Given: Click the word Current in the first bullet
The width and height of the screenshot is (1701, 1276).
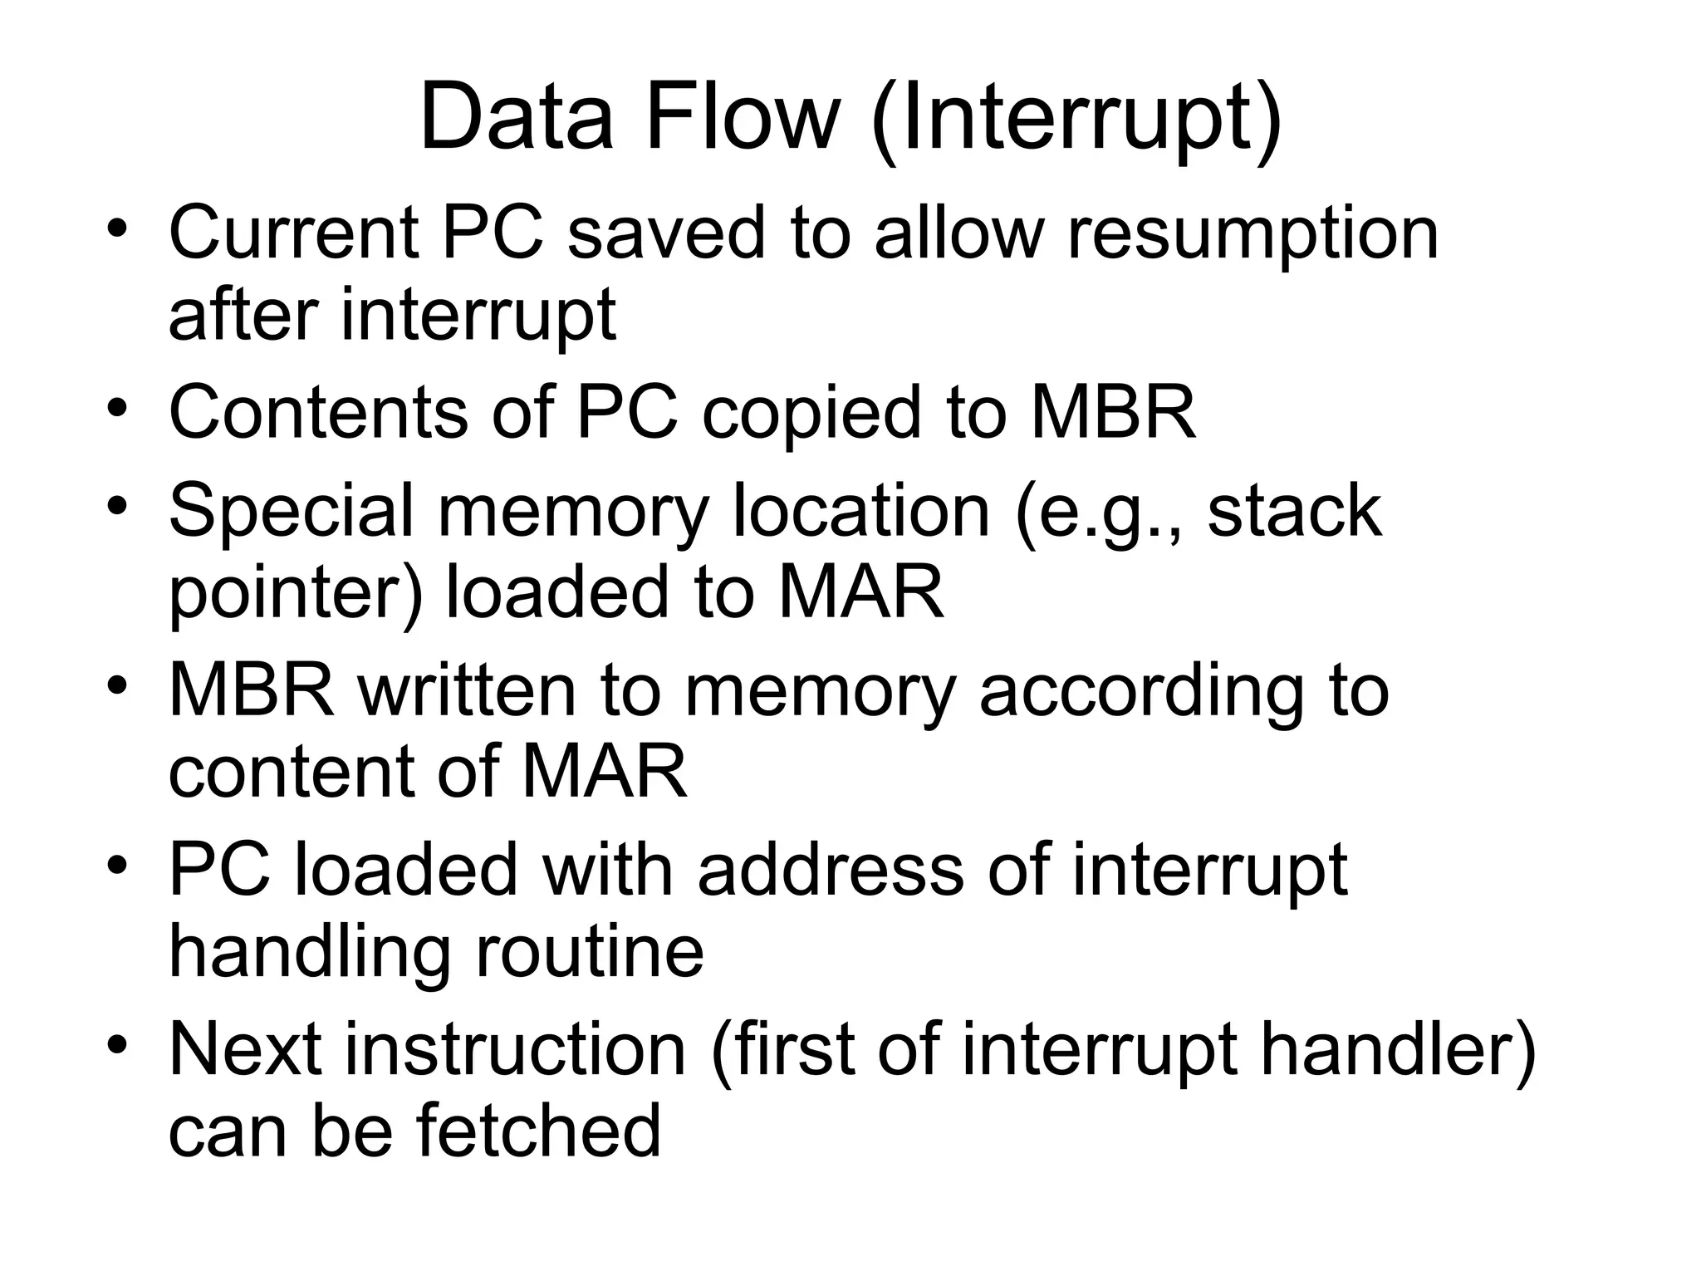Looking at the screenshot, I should [x=294, y=233].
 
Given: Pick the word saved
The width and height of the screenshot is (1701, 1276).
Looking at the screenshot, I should [x=666, y=233].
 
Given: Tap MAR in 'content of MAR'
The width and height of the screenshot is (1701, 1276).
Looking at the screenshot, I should [x=604, y=772].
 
